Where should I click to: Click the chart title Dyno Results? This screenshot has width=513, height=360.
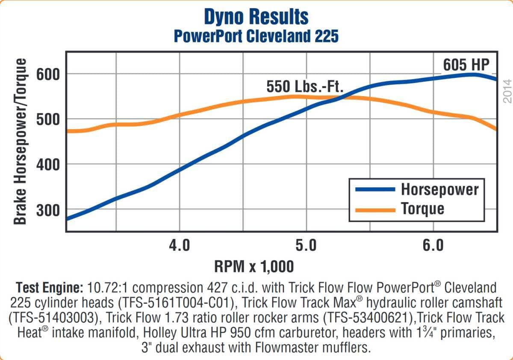[256, 17]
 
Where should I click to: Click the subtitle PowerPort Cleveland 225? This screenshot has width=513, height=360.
[256, 36]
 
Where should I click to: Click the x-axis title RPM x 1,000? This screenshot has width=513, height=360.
[254, 267]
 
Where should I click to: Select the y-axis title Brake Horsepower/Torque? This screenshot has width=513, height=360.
[20, 141]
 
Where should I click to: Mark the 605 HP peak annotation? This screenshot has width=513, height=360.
[466, 65]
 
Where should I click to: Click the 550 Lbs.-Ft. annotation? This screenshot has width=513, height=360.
[305, 86]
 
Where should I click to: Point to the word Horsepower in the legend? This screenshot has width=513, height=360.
[439, 189]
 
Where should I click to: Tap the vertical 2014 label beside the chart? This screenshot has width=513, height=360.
[507, 91]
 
